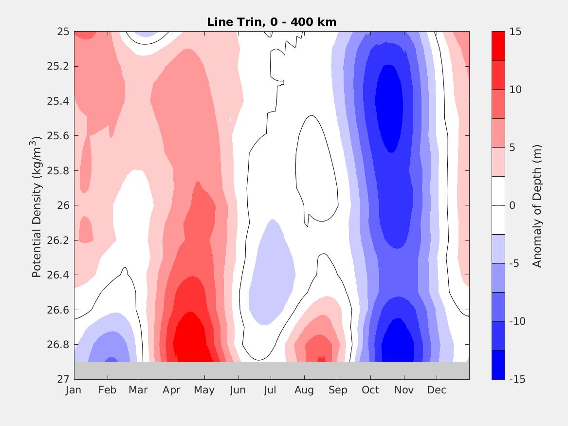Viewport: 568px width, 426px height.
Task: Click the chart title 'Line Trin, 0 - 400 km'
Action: pos(272,22)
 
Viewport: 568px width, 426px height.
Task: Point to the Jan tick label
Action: pos(73,390)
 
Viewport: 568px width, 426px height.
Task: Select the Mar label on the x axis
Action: pos(138,390)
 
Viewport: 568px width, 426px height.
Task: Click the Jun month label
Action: pos(238,390)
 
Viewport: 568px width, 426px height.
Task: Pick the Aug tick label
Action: pos(304,390)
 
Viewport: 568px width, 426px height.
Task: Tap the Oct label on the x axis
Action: pos(370,390)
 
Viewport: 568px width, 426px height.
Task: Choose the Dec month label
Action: pos(437,390)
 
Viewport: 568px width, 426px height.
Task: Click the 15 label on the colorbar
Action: pos(515,32)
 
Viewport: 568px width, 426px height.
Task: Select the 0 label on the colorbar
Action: pos(512,205)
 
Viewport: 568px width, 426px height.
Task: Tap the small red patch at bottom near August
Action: pos(321,359)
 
